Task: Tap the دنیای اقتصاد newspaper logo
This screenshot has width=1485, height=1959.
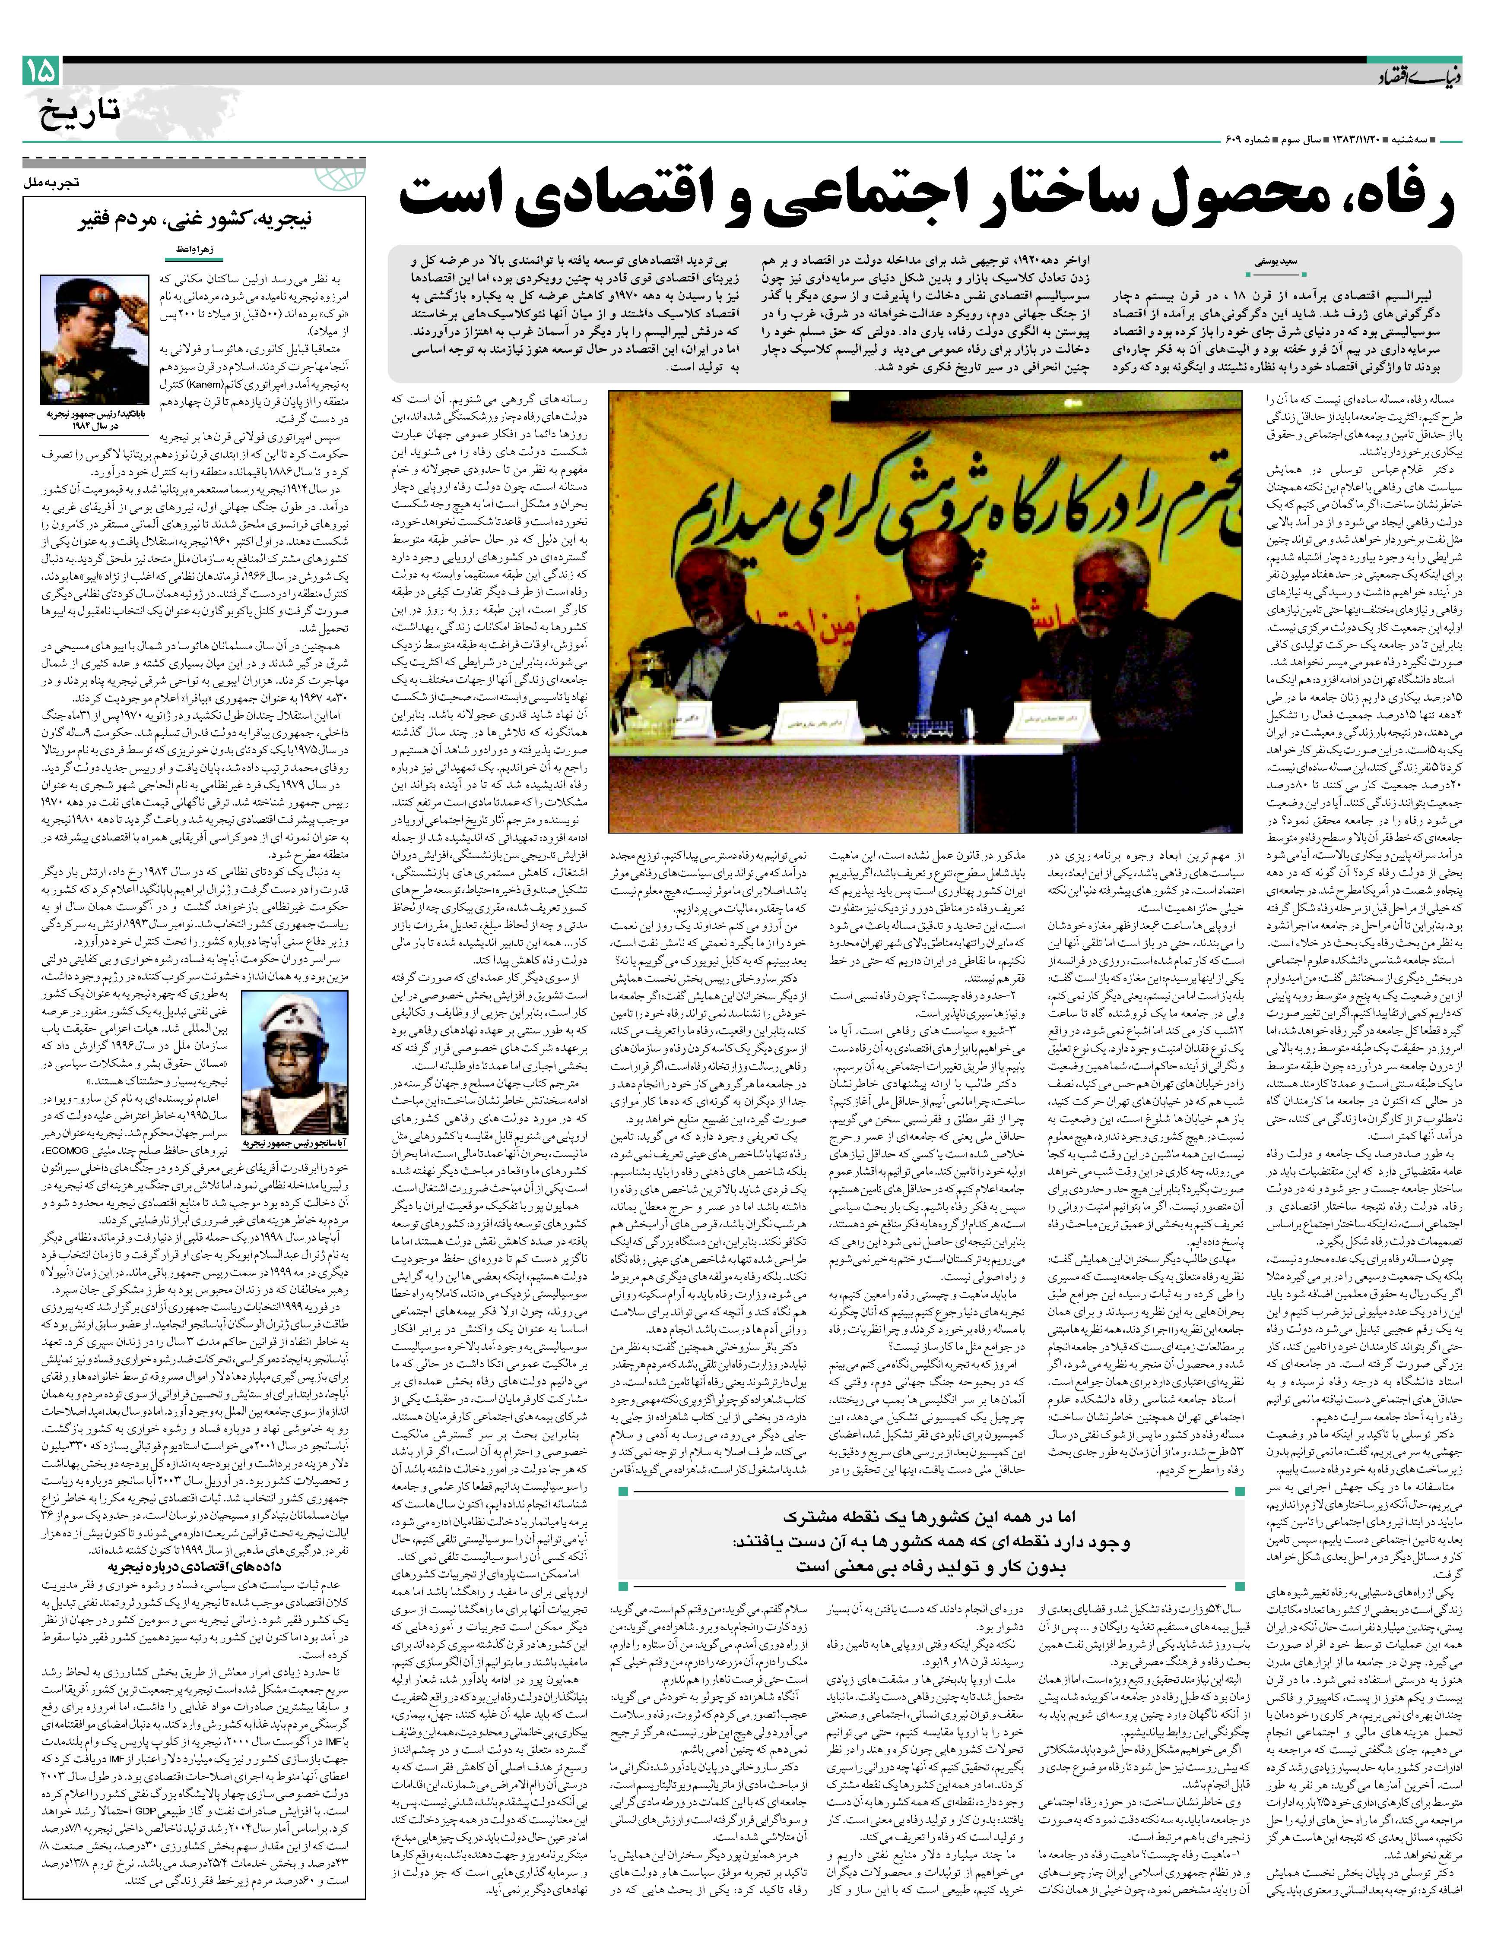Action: point(1411,78)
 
